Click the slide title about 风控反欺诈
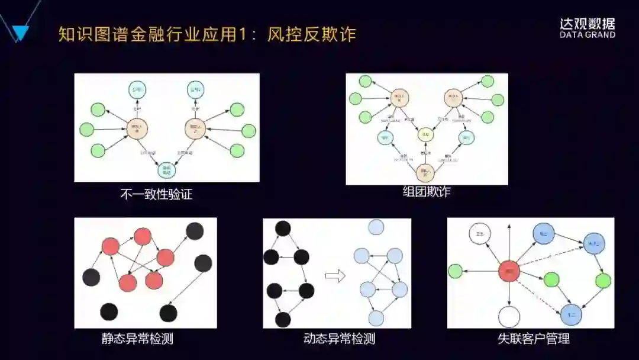tap(207, 34)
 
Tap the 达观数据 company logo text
tap(587, 24)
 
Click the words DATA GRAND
tap(587, 35)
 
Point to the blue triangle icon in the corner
tap(20, 33)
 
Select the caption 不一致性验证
tap(156, 194)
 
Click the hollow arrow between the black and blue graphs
tap(335, 275)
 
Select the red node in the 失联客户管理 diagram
tap(509, 271)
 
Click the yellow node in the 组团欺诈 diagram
tap(425, 134)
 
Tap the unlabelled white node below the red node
tap(509, 317)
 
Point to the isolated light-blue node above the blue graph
tap(376, 227)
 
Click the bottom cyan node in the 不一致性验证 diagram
tap(167, 171)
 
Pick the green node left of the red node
tap(454, 271)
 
